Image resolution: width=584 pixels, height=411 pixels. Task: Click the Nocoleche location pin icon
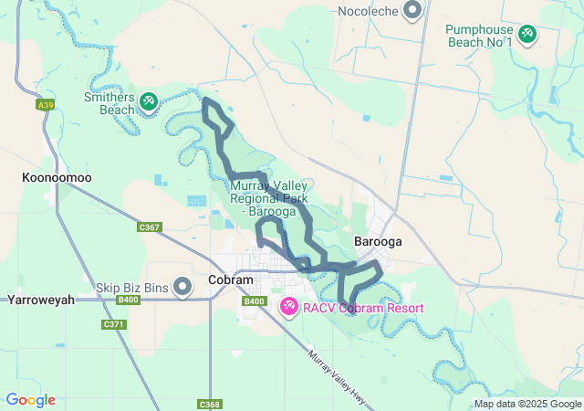pyautogui.click(x=412, y=10)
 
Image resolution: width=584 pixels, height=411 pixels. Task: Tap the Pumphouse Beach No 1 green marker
pyautogui.click(x=527, y=35)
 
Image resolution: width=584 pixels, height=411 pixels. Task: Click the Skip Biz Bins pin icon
pyautogui.click(x=182, y=288)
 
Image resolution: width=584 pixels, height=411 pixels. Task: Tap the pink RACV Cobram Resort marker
pyautogui.click(x=288, y=307)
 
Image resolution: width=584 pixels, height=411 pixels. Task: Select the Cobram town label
pyautogui.click(x=230, y=280)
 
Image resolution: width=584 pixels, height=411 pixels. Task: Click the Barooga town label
pyautogui.click(x=378, y=243)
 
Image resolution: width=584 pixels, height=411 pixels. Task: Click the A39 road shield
pyautogui.click(x=45, y=105)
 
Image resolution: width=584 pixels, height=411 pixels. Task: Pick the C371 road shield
pyautogui.click(x=114, y=324)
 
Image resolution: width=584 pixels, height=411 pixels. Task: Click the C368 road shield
pyautogui.click(x=208, y=404)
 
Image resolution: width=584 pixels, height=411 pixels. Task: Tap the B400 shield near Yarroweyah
pyautogui.click(x=129, y=299)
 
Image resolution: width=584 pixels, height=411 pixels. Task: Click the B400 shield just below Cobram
pyautogui.click(x=254, y=301)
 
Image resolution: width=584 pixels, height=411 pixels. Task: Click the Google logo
pyautogui.click(x=30, y=400)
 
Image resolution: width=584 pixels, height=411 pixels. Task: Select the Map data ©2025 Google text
pyautogui.click(x=527, y=404)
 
